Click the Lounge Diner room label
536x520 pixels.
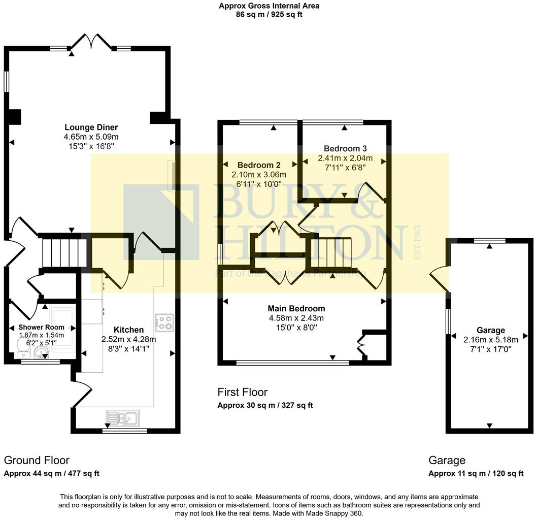(x=91, y=127)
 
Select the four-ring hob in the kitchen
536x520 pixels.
(x=164, y=321)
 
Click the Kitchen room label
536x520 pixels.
(x=128, y=330)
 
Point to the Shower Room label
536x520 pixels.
(x=42, y=327)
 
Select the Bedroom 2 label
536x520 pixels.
(x=259, y=165)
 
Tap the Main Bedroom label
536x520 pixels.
(x=296, y=308)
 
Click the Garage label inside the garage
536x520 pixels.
(x=490, y=330)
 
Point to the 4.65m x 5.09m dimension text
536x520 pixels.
(x=91, y=137)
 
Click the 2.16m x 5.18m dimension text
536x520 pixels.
(x=490, y=340)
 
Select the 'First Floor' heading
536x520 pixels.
(x=242, y=392)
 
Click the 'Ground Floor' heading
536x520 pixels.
(x=37, y=460)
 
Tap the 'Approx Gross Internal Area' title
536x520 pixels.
(x=269, y=6)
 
